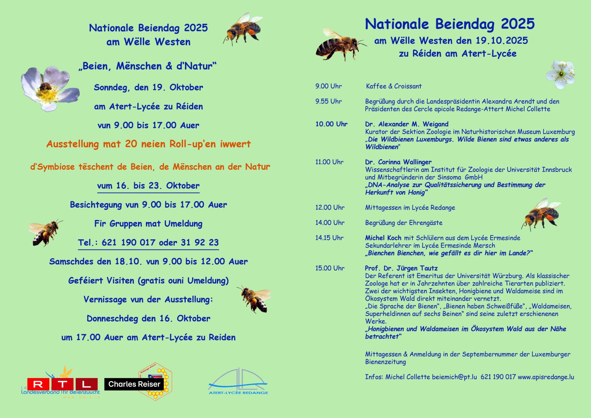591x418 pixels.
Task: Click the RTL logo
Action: [62, 384]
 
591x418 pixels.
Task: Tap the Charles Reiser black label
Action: [134, 384]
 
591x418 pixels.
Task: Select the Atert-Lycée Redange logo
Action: [238, 382]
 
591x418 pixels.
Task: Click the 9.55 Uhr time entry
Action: [329, 101]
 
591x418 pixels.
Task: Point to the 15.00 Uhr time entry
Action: [330, 268]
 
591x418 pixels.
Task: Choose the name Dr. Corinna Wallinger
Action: [398, 162]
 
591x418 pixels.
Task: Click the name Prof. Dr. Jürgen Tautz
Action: [401, 268]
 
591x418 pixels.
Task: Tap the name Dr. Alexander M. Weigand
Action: [406, 124]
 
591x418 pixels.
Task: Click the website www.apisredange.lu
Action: [546, 377]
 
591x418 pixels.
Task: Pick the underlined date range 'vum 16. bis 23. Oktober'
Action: [149, 186]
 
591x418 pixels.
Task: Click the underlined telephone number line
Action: [149, 243]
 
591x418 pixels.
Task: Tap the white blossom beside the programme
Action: [561, 74]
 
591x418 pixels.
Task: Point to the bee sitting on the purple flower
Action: [45, 87]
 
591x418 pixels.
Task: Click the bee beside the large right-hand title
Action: [339, 45]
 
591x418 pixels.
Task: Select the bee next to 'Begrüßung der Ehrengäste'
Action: [541, 214]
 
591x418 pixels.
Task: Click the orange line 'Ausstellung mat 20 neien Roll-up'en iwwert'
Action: [149, 144]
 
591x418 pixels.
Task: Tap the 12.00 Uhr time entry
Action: [330, 208]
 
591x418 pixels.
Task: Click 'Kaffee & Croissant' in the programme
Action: [394, 86]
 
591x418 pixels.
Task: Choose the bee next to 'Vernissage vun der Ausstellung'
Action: [255, 298]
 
